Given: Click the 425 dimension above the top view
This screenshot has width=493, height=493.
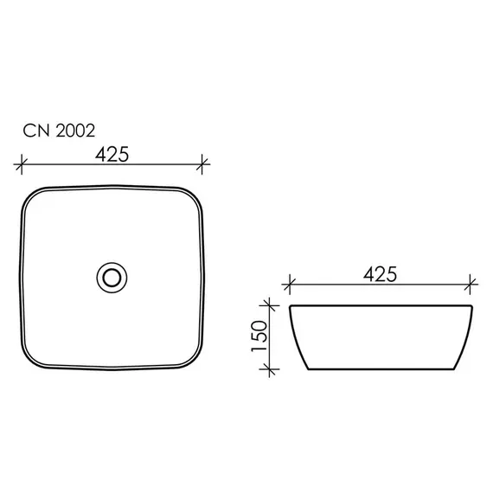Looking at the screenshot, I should [112, 153].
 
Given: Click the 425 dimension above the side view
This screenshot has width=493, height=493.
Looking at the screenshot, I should [380, 274].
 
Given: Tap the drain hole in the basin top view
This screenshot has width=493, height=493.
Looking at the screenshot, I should [111, 277].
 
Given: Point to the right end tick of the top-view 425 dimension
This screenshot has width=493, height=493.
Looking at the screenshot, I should [203, 162].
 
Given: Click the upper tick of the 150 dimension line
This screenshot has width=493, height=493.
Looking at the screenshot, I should [269, 304].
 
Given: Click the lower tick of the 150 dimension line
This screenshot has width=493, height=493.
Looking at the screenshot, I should [269, 369].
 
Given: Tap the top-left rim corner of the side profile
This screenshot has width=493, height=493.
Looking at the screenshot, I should [291, 304].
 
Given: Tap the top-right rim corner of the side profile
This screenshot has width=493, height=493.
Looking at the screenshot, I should [471, 304].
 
